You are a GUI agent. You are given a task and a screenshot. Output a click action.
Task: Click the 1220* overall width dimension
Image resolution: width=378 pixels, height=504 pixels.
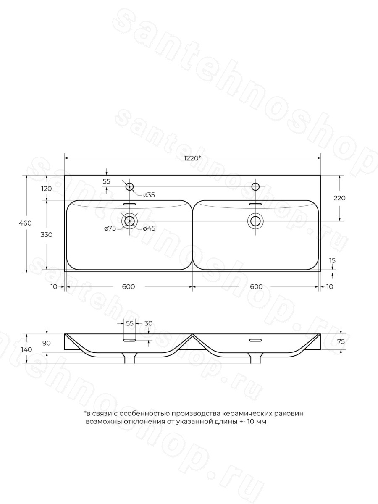[x=192, y=158]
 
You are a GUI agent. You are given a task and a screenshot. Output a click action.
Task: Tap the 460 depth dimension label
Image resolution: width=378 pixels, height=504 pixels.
[x=25, y=223]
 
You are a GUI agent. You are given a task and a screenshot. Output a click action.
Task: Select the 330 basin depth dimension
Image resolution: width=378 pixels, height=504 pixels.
[x=46, y=235]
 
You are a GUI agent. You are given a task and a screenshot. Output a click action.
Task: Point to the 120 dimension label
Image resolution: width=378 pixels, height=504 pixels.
[x=46, y=189]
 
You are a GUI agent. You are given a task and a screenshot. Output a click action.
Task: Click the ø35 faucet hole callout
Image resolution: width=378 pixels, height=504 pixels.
[x=149, y=195]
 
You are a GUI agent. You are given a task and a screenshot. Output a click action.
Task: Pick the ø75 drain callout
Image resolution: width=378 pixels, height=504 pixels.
[x=110, y=228]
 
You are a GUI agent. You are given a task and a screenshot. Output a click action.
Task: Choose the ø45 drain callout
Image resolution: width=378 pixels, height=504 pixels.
[x=149, y=228]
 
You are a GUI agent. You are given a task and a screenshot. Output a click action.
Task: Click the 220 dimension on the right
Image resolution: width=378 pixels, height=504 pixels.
[x=339, y=198]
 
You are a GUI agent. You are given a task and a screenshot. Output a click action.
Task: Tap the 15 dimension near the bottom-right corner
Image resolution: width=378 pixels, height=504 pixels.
[x=332, y=260]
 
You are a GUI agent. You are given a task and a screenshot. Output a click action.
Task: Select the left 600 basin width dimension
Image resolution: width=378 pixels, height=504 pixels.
[x=128, y=286]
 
